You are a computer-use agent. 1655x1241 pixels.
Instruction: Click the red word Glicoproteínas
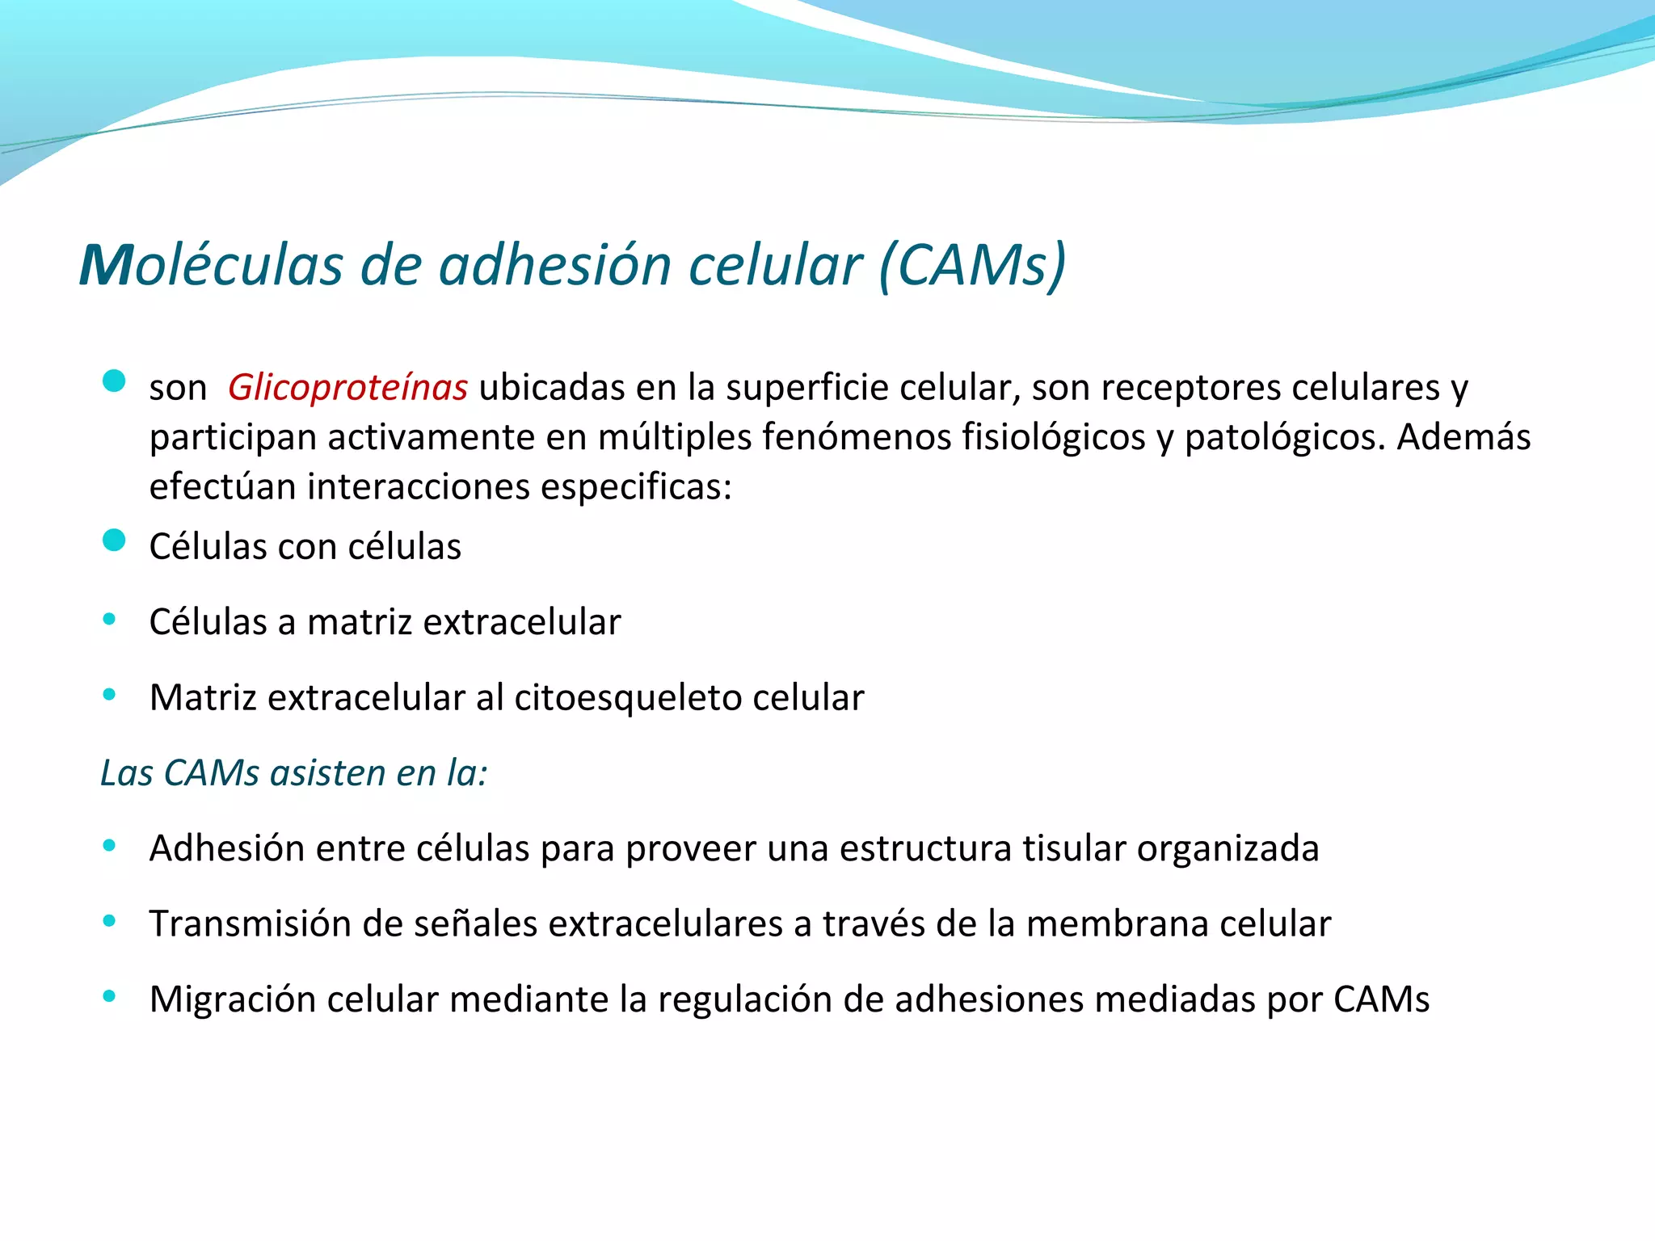(x=347, y=388)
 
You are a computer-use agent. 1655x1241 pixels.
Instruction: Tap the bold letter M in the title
(x=106, y=266)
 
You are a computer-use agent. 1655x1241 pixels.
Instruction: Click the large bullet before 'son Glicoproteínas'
(x=114, y=381)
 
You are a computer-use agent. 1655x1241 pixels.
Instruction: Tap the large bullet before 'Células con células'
(x=114, y=540)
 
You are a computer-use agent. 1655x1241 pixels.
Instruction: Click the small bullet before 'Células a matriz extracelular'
(x=109, y=620)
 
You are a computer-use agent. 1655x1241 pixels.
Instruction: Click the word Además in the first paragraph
(x=1463, y=438)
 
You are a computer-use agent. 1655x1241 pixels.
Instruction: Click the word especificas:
(x=636, y=487)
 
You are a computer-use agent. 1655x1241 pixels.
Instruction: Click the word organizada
(x=1228, y=849)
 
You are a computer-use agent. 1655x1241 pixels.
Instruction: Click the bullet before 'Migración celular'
(x=109, y=996)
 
